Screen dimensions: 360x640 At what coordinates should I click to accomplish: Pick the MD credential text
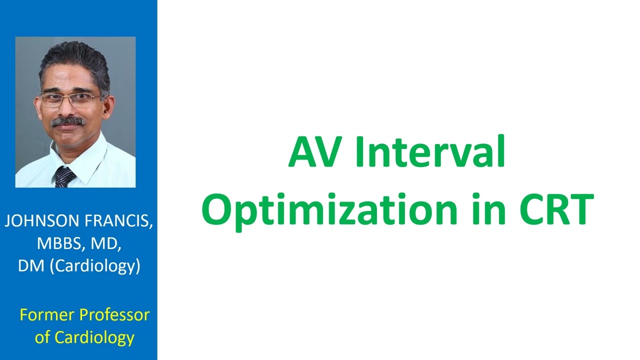pos(103,243)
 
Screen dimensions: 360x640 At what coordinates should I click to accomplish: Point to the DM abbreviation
pos(31,265)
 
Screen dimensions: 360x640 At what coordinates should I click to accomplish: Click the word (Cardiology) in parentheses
pos(94,266)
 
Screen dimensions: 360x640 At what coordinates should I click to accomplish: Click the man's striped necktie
pos(64,177)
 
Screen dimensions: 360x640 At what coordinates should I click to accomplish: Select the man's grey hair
pos(75,60)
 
